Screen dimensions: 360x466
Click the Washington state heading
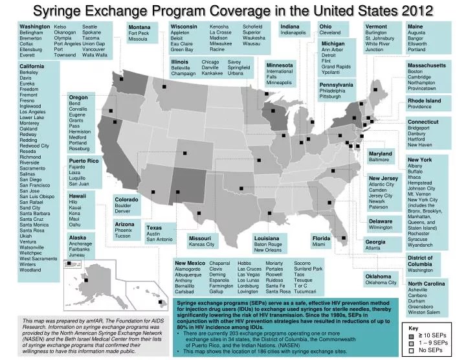coord(35,26)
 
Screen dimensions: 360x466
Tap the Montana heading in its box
coord(139,27)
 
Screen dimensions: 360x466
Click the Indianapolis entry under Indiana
coord(293,32)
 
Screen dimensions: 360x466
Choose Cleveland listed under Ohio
coord(329,32)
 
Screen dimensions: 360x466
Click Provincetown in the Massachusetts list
coord(422,89)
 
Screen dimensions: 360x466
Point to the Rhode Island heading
coord(424,101)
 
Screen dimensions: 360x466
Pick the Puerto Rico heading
coord(83,160)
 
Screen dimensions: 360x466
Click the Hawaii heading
coord(78,196)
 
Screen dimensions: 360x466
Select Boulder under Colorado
coord(124,205)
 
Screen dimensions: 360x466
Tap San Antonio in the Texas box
coord(160,240)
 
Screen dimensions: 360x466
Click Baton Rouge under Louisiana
coord(268,244)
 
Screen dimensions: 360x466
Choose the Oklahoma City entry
coord(381,282)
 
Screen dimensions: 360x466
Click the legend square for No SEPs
coord(411,351)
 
